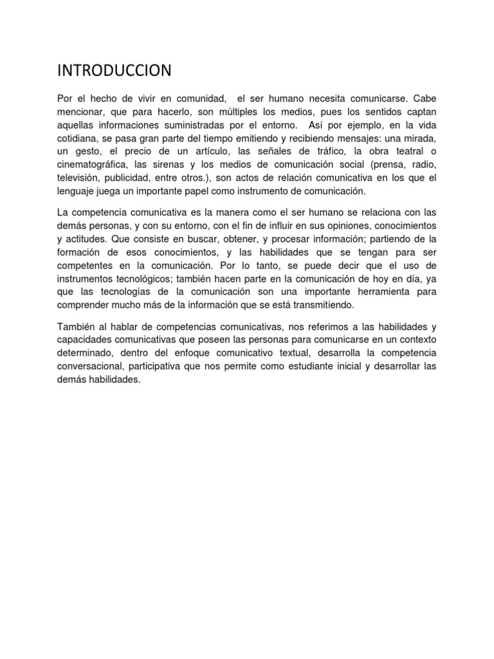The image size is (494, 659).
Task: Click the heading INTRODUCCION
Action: pyautogui.click(x=114, y=70)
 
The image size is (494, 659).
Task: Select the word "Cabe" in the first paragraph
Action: pyautogui.click(x=425, y=100)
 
